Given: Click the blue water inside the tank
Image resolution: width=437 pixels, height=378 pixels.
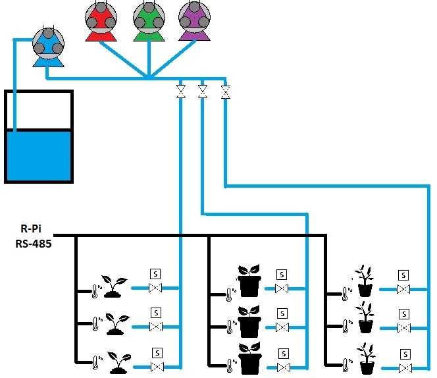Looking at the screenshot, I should pos(39,154).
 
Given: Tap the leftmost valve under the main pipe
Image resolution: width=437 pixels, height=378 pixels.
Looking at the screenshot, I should pos(180,92).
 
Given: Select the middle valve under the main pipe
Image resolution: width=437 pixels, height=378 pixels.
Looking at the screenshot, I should pos(203,92).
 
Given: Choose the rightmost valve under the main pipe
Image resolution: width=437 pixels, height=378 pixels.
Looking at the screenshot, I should pos(226,92).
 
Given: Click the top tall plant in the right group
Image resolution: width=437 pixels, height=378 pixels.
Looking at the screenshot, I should pos(365,281).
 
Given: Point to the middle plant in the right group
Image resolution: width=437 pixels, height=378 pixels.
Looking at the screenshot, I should pos(365,317).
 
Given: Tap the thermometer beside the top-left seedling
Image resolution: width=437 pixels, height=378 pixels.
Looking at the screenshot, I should pos(95,290).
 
